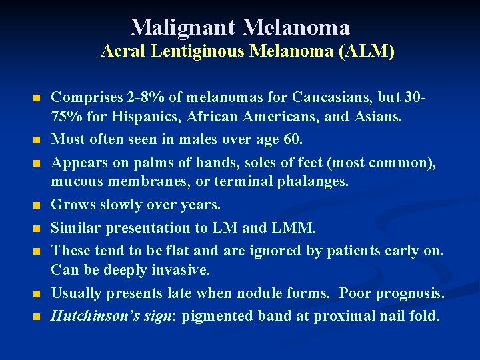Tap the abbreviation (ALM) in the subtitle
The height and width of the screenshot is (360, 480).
coord(367,51)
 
